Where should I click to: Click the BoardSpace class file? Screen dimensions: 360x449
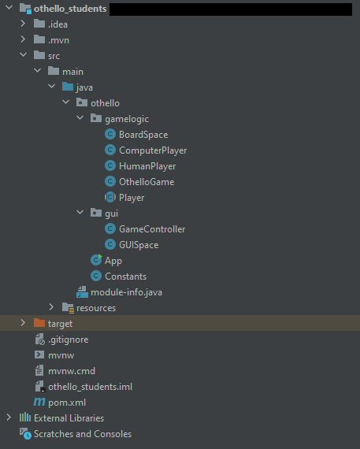click(x=143, y=135)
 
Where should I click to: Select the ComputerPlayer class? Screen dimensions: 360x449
click(x=153, y=150)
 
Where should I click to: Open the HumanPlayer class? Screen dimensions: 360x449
click(x=147, y=166)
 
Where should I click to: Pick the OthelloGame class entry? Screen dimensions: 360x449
click(x=147, y=182)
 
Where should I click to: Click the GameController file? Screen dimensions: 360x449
click(x=152, y=229)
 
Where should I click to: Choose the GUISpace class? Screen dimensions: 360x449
click(x=139, y=245)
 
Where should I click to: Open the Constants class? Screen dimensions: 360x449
click(x=125, y=276)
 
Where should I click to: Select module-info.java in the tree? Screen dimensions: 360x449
click(x=126, y=292)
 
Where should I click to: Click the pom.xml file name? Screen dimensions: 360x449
click(x=67, y=403)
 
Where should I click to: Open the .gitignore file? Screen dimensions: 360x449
click(x=69, y=340)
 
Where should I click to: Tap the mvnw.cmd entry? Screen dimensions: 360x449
click(x=72, y=371)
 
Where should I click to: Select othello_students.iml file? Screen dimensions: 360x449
click(x=91, y=387)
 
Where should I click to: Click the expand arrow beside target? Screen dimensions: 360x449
click(x=23, y=323)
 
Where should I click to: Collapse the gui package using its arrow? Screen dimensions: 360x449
click(x=80, y=213)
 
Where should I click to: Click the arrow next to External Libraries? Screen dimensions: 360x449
click(x=9, y=417)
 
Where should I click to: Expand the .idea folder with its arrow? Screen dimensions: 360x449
click(x=23, y=24)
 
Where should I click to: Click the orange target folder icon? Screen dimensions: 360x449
click(x=39, y=323)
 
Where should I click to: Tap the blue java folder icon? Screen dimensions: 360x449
click(x=68, y=87)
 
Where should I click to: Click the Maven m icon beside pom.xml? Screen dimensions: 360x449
click(x=39, y=402)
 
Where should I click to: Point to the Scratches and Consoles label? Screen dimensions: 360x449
click(x=83, y=434)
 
